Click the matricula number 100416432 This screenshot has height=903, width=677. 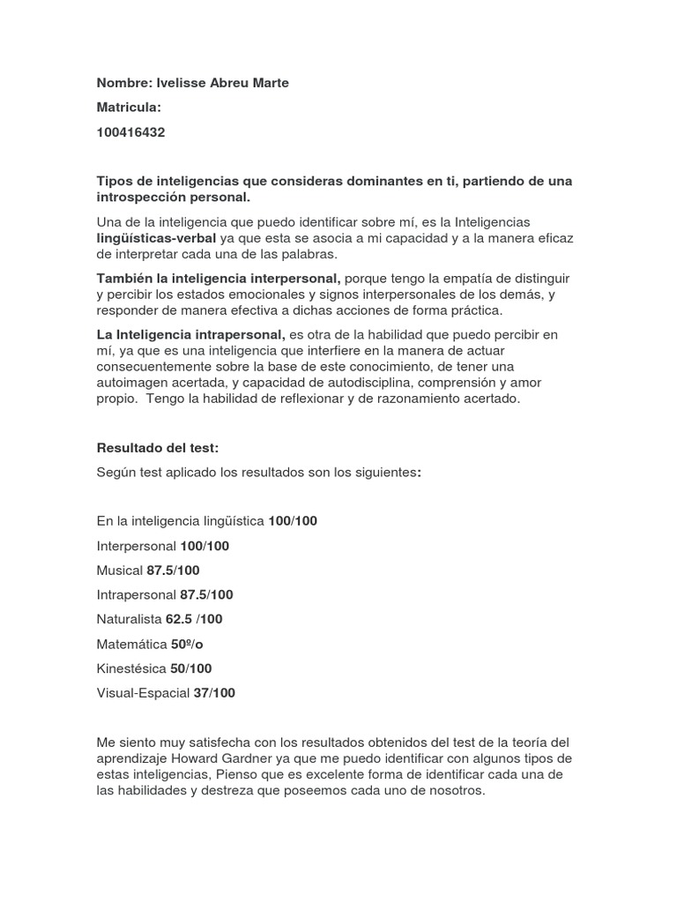point(130,132)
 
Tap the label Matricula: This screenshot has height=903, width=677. point(130,108)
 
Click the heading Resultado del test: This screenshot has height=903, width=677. point(157,448)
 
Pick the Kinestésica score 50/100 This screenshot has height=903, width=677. point(191,668)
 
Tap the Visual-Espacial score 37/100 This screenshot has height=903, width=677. point(214,693)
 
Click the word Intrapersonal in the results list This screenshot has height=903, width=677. point(137,595)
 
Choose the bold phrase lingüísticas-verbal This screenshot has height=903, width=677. point(156,238)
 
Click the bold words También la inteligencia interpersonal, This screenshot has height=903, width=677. point(219,278)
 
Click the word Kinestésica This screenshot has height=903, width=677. point(132,668)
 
